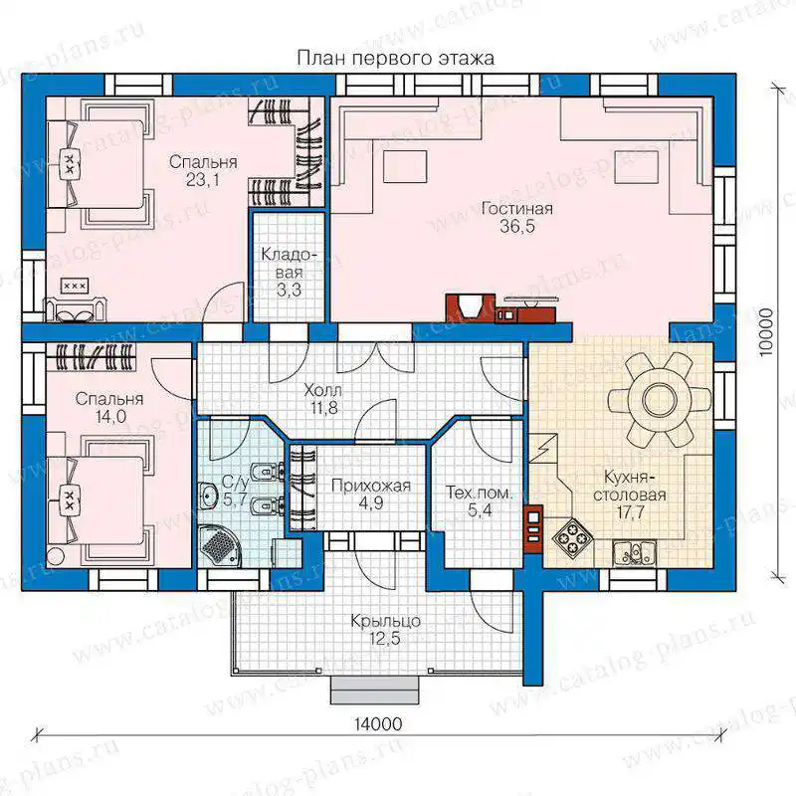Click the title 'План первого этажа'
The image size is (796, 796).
point(395,58)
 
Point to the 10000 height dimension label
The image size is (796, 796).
point(766,332)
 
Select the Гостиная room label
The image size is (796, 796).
point(517,209)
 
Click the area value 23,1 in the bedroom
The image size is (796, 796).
point(203,179)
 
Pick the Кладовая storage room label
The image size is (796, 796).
point(289,263)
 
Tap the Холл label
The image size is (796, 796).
point(322,390)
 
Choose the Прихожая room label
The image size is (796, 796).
point(370,486)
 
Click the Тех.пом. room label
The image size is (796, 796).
point(480,493)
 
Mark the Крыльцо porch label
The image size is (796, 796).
point(385,621)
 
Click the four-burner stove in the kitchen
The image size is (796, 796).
point(572,537)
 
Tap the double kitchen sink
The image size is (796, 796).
point(634,552)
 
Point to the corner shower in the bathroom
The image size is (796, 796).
point(218,546)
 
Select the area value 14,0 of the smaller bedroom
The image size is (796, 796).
point(110,416)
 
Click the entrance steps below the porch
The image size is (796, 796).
point(375,690)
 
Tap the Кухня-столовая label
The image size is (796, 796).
point(629,486)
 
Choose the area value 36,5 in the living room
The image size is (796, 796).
point(517,227)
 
